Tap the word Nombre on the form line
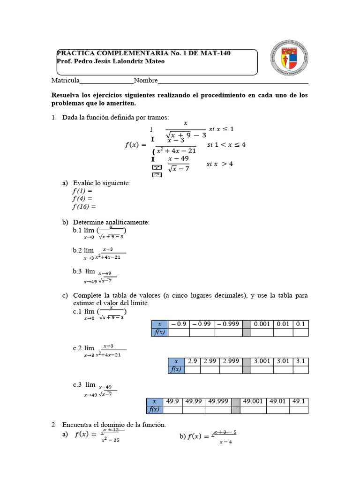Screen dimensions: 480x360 (146, 80)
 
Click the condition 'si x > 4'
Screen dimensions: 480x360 (219, 164)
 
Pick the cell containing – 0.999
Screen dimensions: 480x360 (228, 324)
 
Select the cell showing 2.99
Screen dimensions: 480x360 (210, 361)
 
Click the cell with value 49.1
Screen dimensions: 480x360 (298, 401)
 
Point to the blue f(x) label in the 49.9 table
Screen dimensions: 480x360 (154, 409)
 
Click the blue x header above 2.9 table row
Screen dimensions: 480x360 (176, 361)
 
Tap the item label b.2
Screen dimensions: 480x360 (77, 251)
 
